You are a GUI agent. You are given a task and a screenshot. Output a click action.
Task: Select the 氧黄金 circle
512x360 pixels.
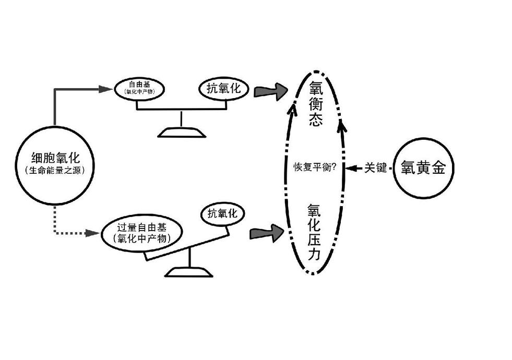click(x=423, y=167)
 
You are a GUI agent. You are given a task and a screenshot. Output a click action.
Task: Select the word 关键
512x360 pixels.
click(x=375, y=167)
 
